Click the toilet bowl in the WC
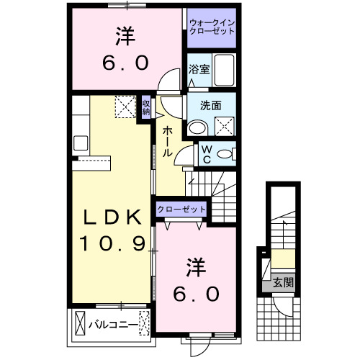pos(225,153)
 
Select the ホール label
pos(166,141)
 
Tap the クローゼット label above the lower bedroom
pos(181,209)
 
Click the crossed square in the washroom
pos(225,125)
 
